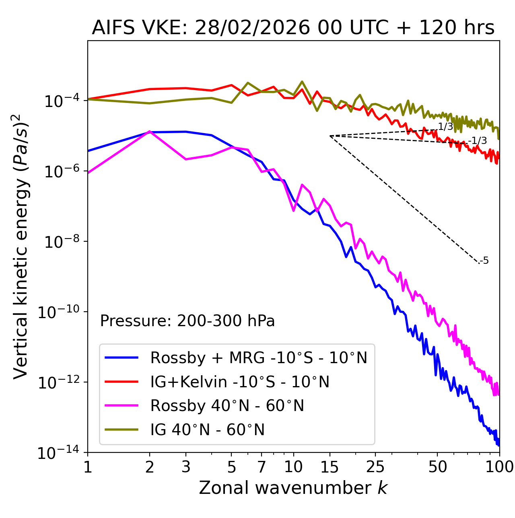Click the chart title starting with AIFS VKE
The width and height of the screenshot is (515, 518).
pos(293,28)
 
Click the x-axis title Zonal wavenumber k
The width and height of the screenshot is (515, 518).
pos(293,488)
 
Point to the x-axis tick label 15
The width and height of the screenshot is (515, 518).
pos(330,467)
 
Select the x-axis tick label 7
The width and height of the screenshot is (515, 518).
pos(262,467)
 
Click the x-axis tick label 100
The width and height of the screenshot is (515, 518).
pos(499,467)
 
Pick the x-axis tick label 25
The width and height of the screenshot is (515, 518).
pos(375,467)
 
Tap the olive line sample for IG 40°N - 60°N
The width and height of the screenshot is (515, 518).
pos(122,430)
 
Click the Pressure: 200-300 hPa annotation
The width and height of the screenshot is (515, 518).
pos(187,321)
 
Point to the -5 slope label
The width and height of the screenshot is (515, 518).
pos(485,261)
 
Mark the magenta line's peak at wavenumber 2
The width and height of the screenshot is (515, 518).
pos(150,132)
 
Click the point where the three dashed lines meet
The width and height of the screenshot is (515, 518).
pos(330,136)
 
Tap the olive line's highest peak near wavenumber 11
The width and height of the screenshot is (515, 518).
pos(302,82)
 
